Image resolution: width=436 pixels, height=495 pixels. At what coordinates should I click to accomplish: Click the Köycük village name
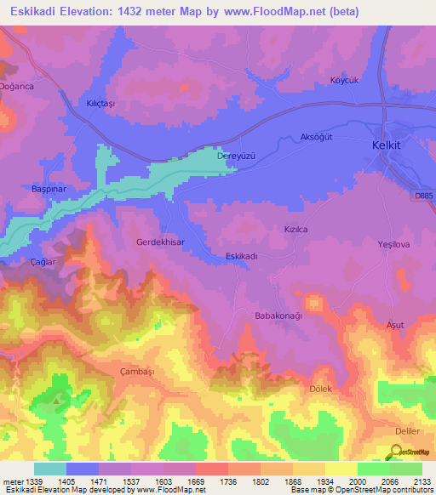(347, 81)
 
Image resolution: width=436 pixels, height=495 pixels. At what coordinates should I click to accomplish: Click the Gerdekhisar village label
(160, 242)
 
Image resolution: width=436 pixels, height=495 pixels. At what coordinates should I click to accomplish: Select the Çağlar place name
(43, 263)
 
